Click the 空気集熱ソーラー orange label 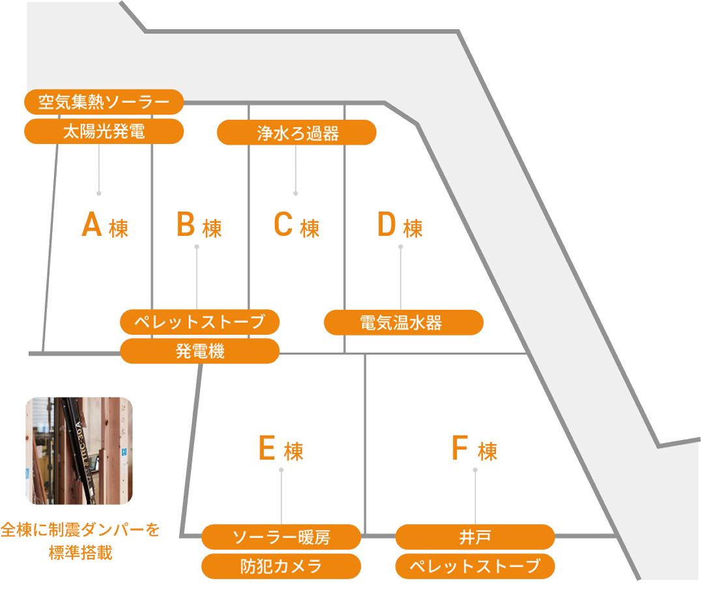coord(104,102)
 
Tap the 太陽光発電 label coord(104,132)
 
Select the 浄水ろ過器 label coord(296,133)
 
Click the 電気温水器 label coord(403,322)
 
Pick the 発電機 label coord(199,352)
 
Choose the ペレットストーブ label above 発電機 coord(199,322)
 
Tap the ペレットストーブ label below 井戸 coord(475,567)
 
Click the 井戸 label coord(475,537)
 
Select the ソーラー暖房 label coord(281,537)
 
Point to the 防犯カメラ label coord(281,567)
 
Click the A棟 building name coord(104,227)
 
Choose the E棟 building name coord(281,449)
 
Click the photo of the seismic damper coord(79,451)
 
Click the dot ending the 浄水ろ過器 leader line coord(296,193)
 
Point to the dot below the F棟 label coord(475,470)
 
